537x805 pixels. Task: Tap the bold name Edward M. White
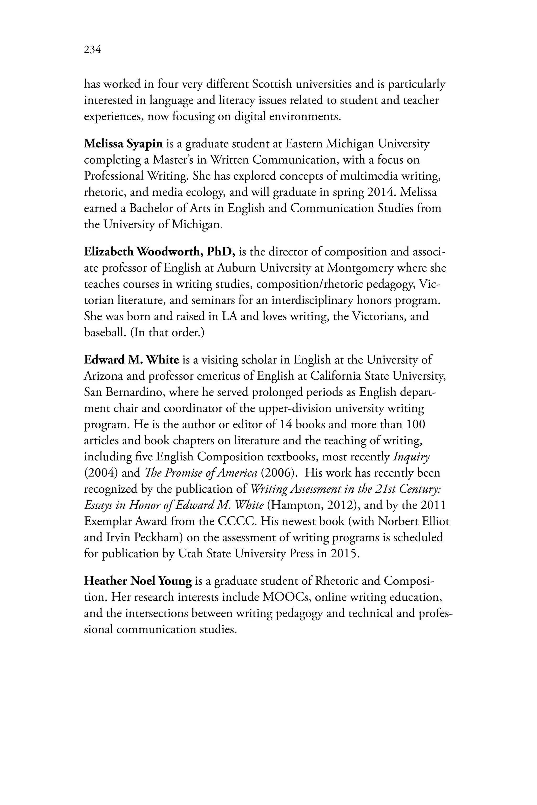tap(132, 360)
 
